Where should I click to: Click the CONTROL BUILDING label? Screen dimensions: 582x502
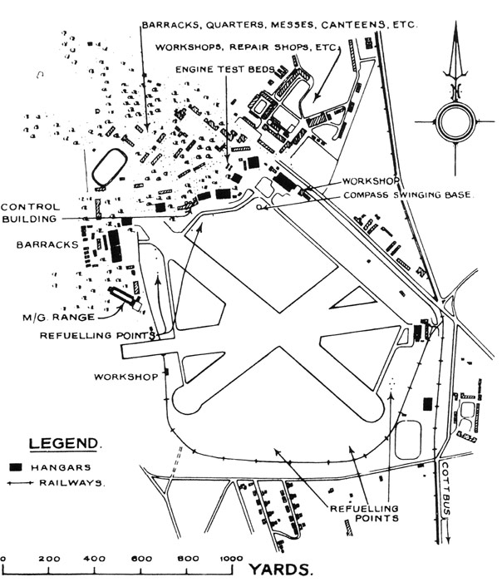[30, 213]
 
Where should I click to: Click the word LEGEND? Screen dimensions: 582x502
[66, 443]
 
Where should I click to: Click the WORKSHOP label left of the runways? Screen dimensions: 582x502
[126, 377]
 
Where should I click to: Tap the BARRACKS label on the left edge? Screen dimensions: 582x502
[41, 246]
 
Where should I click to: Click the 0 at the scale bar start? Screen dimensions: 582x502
[4, 557]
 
